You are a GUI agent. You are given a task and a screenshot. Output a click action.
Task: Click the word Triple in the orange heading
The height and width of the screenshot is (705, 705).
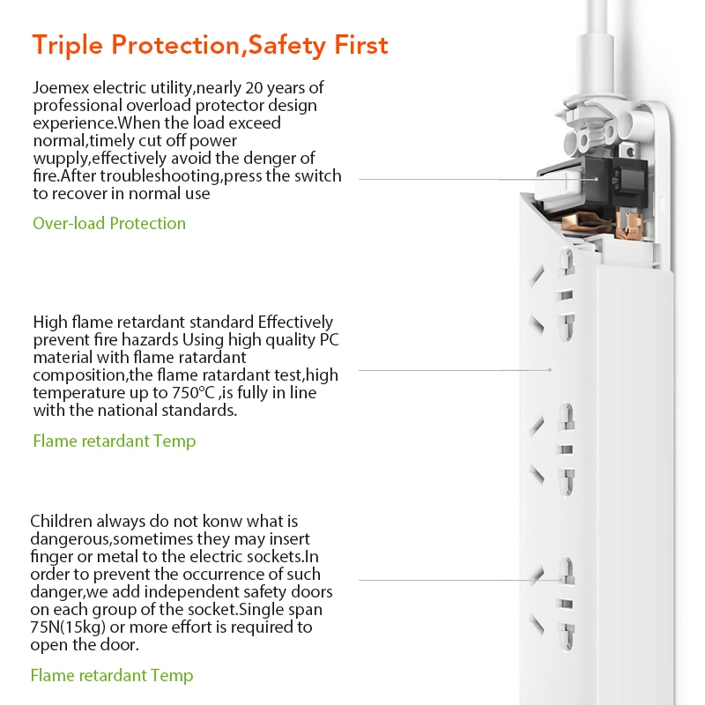(68, 46)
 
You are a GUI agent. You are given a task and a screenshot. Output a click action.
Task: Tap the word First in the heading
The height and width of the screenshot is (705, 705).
(360, 45)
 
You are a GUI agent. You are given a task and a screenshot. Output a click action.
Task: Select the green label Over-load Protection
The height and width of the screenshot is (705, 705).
(109, 223)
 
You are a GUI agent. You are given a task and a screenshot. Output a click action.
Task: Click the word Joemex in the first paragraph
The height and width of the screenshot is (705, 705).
(61, 87)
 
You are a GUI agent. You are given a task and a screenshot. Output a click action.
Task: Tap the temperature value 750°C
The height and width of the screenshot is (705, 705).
(193, 392)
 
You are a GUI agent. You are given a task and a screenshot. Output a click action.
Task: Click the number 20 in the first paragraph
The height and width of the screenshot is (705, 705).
(255, 87)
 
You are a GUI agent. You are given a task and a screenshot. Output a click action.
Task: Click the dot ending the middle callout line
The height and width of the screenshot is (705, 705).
(550, 369)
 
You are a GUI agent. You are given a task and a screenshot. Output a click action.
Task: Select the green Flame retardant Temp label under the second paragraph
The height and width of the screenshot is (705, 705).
(115, 442)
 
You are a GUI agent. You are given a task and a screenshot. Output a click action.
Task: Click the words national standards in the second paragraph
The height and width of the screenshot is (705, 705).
(167, 410)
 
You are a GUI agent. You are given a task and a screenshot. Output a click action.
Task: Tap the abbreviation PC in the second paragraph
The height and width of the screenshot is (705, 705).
(329, 340)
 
